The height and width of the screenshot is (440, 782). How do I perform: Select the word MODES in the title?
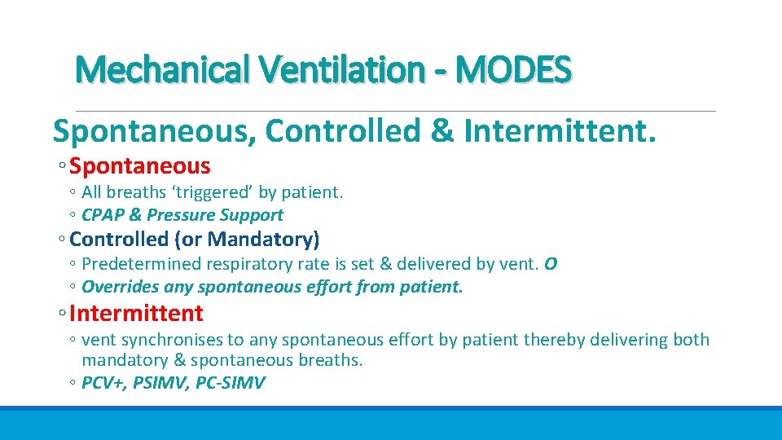click(x=514, y=70)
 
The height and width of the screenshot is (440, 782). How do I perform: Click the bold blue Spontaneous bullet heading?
click(x=140, y=167)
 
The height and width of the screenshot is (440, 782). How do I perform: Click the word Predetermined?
click(x=138, y=264)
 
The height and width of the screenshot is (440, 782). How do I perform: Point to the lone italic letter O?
click(x=551, y=264)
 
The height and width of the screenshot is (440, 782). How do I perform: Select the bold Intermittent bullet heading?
click(x=137, y=313)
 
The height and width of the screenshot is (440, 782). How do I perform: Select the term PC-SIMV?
click(x=232, y=382)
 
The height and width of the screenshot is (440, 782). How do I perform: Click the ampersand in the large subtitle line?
click(x=443, y=130)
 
